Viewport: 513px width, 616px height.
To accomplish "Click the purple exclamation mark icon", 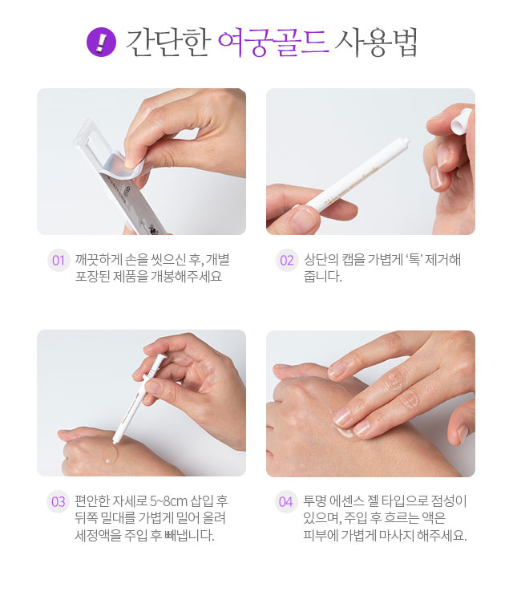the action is pyautogui.click(x=101, y=42).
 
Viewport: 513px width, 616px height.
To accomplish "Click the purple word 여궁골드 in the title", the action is pyautogui.click(x=273, y=42).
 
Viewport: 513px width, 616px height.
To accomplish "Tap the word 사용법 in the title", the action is pyautogui.click(x=376, y=42).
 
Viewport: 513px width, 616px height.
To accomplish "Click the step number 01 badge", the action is pyautogui.click(x=58, y=260).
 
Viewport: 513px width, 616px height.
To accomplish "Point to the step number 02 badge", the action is pyautogui.click(x=287, y=260).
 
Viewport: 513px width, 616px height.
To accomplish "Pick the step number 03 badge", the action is pyautogui.click(x=58, y=501).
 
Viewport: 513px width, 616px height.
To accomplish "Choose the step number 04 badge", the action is pyautogui.click(x=286, y=501).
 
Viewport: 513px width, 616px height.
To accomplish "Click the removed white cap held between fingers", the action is pyautogui.click(x=461, y=120).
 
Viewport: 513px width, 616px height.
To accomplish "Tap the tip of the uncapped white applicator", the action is pyautogui.click(x=406, y=140).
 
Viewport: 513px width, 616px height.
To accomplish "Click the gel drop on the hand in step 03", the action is pyautogui.click(x=107, y=460).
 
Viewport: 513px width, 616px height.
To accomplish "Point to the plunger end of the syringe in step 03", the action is pyautogui.click(x=161, y=357).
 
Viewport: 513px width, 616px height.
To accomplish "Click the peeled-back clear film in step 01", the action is pyautogui.click(x=119, y=165).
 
